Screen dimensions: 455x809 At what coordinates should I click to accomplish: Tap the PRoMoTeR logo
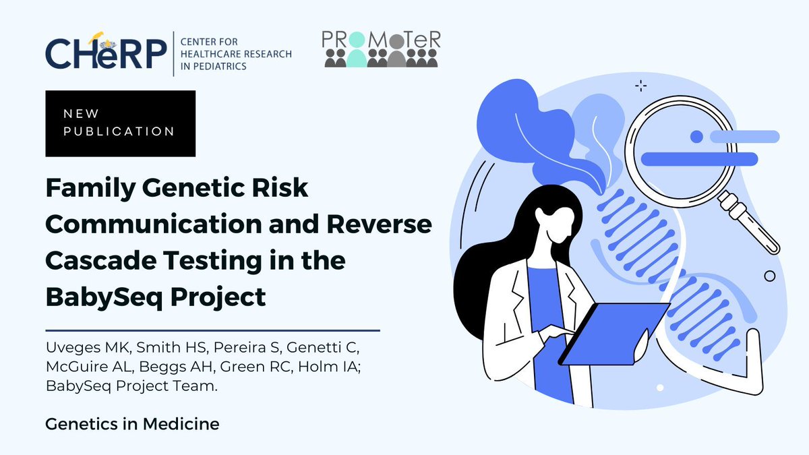point(382,49)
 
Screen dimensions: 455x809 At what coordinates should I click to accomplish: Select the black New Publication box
point(120,123)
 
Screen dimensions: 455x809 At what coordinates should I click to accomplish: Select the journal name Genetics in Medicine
point(132,425)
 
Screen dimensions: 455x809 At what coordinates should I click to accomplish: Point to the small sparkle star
point(640,86)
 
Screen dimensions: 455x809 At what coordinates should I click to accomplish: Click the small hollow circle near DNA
point(769,276)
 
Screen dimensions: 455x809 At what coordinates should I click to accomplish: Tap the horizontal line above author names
point(212,331)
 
